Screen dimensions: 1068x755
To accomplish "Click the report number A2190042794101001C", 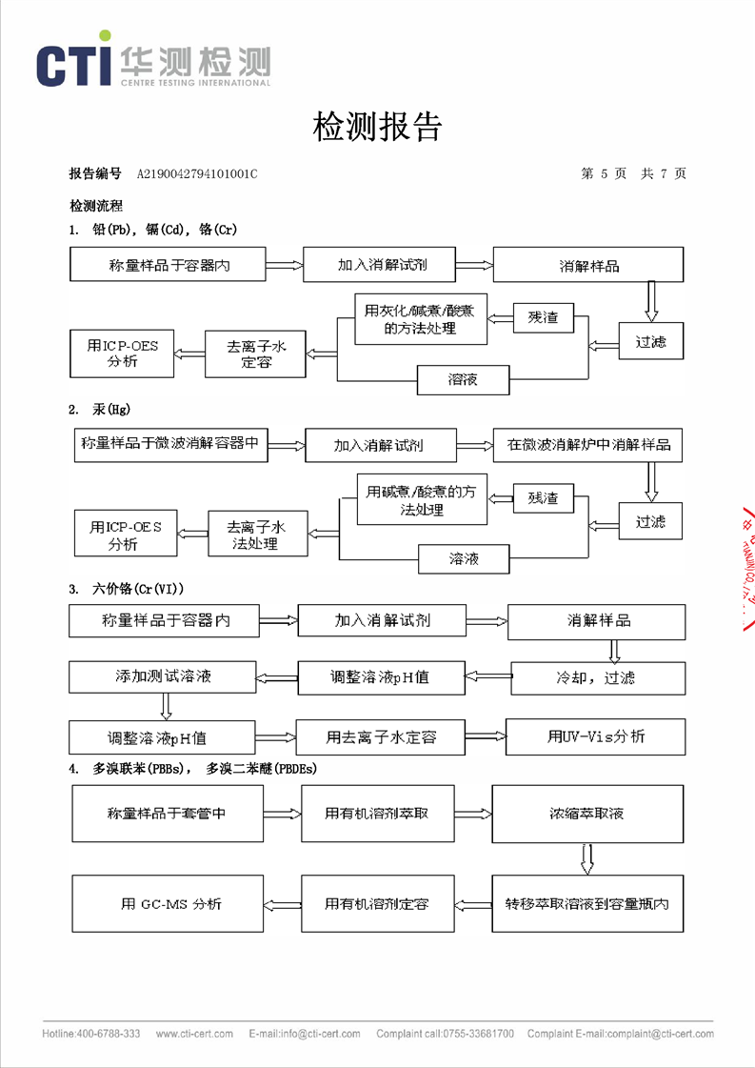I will (x=197, y=173).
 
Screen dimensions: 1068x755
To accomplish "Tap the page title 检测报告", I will (x=377, y=126).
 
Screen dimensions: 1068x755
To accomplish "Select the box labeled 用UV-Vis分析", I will (x=595, y=736).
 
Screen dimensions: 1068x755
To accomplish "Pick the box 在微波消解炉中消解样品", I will (x=587, y=445).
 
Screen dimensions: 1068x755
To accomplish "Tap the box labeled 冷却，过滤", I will (x=597, y=677).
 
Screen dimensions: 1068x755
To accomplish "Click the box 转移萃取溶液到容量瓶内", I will (x=587, y=903).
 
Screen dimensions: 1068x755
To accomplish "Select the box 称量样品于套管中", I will (x=167, y=814).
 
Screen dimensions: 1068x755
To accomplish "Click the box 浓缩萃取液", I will (x=587, y=814).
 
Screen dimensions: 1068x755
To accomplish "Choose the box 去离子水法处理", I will (x=257, y=534).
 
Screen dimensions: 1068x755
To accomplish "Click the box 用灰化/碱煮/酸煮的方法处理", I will (x=420, y=319).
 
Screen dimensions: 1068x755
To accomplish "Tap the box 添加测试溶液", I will (x=162, y=676).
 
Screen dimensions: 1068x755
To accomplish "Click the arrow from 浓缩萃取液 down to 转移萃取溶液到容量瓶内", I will (x=586, y=858).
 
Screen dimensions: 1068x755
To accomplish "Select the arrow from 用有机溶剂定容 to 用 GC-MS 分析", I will (x=282, y=903).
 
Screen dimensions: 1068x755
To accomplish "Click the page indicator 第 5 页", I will (x=604, y=173).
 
